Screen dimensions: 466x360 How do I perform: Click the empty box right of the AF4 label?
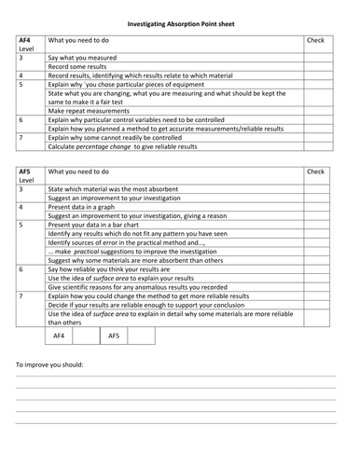(86, 335)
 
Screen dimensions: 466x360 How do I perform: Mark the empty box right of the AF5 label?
(141, 335)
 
